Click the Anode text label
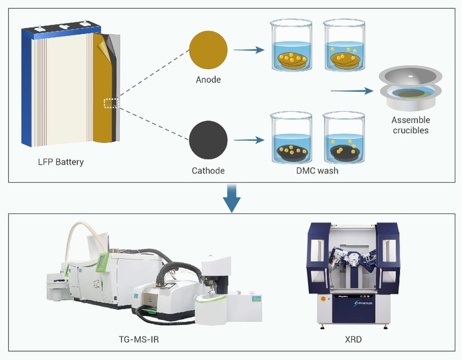point(209,80)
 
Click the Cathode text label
point(209,171)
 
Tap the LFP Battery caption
point(60,162)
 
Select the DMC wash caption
point(316,171)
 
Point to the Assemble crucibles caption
point(411,125)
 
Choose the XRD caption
point(350,340)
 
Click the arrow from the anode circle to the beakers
point(248,48)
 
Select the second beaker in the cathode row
point(346,139)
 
